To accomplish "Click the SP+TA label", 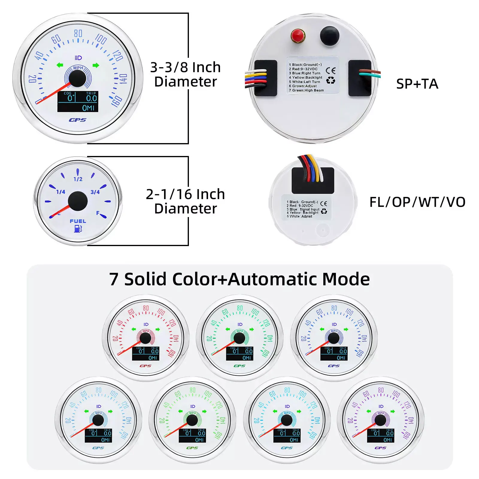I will point(417,84).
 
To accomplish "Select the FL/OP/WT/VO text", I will point(417,202).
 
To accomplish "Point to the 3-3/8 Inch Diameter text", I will point(185,75).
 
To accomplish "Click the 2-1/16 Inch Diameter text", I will point(185,201).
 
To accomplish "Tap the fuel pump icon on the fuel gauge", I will point(78,229).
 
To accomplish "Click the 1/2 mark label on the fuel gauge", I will point(78,179).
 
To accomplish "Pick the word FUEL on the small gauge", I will point(78,221).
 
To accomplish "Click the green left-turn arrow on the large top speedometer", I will point(60,65).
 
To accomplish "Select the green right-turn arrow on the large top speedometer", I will point(96,65).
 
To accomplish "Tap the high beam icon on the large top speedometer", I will point(78,58).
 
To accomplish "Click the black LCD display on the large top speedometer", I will point(78,102).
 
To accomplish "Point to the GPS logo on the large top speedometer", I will point(78,120).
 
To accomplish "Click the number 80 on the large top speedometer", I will point(78,33).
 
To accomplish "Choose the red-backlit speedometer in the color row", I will point(145,338).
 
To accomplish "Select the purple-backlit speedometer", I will point(381,420).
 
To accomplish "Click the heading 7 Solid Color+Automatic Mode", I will point(239,279).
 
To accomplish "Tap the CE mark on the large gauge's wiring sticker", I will point(331,71).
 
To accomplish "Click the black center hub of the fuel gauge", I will point(78,201).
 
